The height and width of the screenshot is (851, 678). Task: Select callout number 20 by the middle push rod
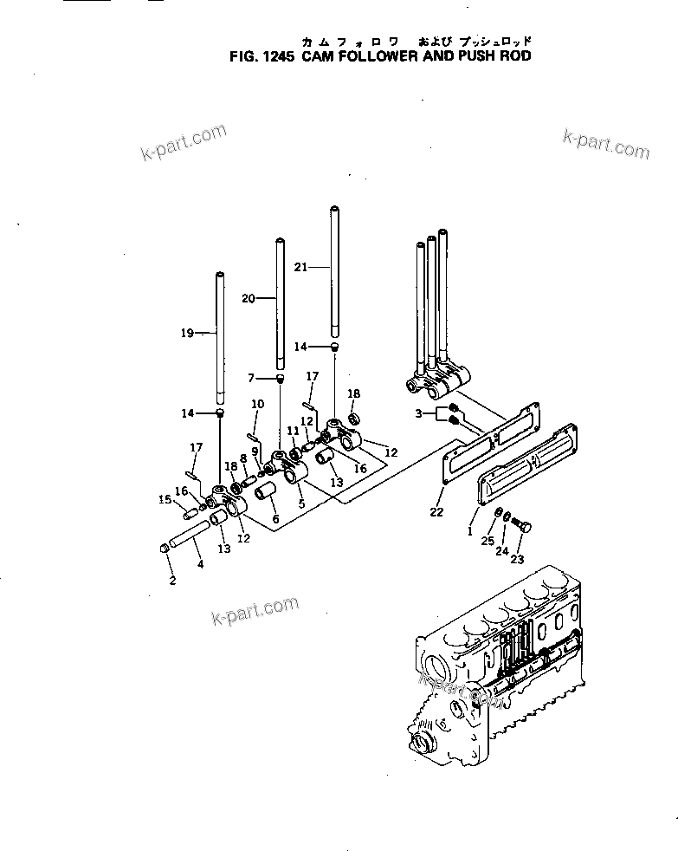(248, 298)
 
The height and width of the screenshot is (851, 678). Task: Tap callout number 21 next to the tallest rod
(300, 268)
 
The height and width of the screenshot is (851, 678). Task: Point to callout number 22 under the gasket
(436, 512)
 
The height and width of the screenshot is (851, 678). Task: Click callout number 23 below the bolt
(517, 559)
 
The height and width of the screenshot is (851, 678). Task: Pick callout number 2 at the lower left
(172, 581)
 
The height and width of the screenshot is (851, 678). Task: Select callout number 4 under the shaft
(200, 564)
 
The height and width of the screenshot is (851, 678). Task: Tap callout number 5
(301, 503)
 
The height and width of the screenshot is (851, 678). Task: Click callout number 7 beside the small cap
(252, 378)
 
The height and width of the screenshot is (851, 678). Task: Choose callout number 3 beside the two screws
(419, 414)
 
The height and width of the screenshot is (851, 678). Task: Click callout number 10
(257, 404)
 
